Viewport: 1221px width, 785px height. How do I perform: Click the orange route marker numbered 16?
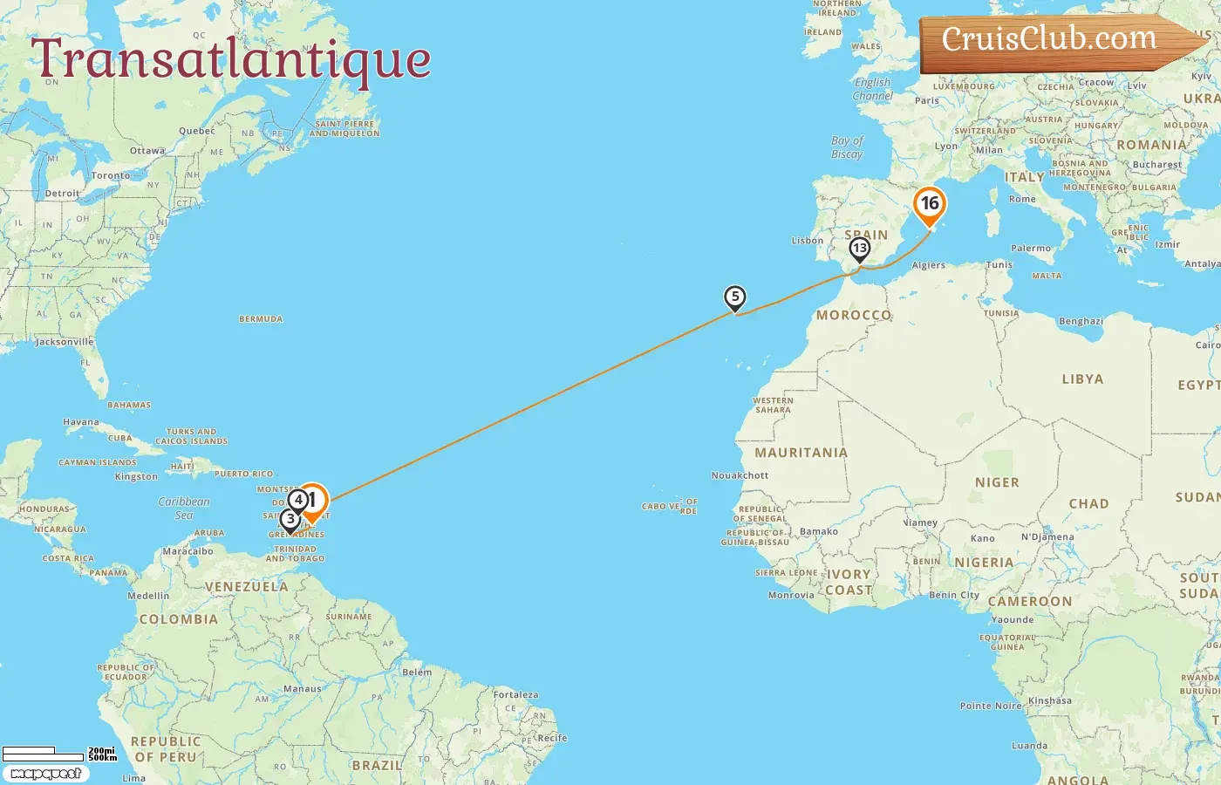click(x=930, y=205)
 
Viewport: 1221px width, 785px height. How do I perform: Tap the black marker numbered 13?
click(x=860, y=249)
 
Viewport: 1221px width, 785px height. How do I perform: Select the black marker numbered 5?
click(x=735, y=297)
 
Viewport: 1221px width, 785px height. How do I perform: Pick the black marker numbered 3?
click(x=290, y=520)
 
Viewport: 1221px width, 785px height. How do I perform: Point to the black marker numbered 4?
click(x=298, y=500)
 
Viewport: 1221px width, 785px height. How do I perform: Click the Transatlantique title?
click(x=231, y=59)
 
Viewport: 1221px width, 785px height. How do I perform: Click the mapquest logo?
click(x=45, y=774)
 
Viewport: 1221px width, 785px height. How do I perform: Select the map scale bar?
click(x=58, y=753)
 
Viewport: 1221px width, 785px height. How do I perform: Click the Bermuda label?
click(x=261, y=319)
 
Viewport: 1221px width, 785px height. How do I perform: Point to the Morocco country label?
click(x=853, y=315)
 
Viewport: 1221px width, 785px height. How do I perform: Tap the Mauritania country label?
click(x=801, y=453)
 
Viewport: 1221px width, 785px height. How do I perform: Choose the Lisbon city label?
click(x=807, y=241)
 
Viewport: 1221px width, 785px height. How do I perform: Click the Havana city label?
click(x=81, y=422)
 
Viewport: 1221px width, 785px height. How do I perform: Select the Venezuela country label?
click(x=246, y=587)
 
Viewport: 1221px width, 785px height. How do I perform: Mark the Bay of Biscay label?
click(x=847, y=147)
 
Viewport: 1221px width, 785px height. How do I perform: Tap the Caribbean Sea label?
click(x=184, y=509)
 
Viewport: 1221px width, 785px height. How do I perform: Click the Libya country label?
click(x=1082, y=379)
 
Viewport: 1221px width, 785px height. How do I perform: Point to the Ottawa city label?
click(x=147, y=151)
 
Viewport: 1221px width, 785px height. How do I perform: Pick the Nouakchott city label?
click(x=740, y=475)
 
